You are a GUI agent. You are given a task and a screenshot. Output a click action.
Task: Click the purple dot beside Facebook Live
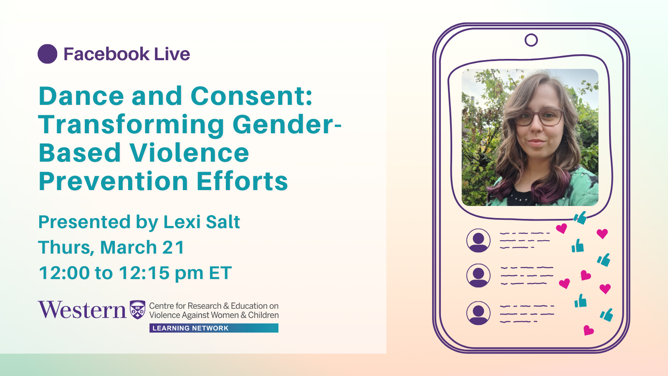48,54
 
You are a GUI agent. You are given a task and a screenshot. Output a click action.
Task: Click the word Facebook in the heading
106,54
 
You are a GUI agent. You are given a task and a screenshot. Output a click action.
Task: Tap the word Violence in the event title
189,153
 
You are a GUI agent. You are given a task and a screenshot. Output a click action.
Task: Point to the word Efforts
242,181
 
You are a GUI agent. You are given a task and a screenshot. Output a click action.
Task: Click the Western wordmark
82,310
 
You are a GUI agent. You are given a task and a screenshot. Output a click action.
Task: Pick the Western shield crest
137,310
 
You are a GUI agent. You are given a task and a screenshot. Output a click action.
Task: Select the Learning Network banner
214,328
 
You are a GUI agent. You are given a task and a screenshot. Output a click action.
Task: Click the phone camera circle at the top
531,40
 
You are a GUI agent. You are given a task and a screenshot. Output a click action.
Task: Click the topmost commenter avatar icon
478,241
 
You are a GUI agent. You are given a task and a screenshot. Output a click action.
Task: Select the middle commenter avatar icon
478,275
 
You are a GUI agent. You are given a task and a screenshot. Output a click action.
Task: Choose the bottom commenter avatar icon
478,313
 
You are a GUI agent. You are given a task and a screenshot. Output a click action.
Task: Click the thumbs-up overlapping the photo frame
580,218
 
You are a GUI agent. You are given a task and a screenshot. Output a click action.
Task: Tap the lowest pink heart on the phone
588,330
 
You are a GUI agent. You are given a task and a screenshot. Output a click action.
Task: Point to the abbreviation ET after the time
220,272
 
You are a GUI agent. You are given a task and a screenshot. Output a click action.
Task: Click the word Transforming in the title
131,125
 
